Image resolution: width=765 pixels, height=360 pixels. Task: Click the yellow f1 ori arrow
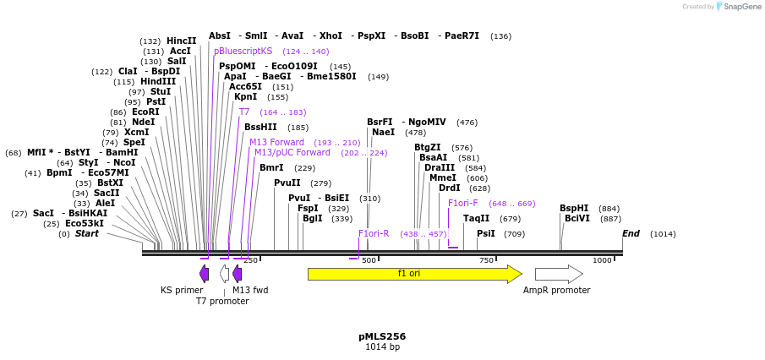(414, 274)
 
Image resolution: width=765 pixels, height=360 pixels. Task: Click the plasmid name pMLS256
(382, 336)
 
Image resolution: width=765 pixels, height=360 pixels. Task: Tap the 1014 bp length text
(382, 346)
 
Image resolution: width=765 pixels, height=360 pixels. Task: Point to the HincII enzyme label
(181, 41)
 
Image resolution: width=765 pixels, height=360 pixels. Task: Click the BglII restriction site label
(312, 218)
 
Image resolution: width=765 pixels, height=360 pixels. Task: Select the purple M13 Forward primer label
(276, 142)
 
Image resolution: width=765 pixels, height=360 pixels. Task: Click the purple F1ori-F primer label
(463, 203)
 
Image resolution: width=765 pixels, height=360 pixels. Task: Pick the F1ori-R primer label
(374, 233)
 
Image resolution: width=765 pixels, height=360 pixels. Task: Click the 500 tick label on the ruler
(368, 260)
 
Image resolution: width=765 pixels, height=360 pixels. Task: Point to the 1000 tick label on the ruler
(601, 260)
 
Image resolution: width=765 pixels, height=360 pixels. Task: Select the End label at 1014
(631, 233)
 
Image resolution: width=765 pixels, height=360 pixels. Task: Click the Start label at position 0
(86, 233)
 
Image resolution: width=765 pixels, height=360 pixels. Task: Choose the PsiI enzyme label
(486, 233)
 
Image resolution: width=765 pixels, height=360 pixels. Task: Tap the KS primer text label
(182, 290)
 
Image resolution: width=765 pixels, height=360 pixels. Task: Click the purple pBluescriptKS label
(243, 51)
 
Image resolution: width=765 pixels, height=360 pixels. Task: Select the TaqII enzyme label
(476, 218)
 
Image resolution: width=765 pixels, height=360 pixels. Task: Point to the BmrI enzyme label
(271, 167)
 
